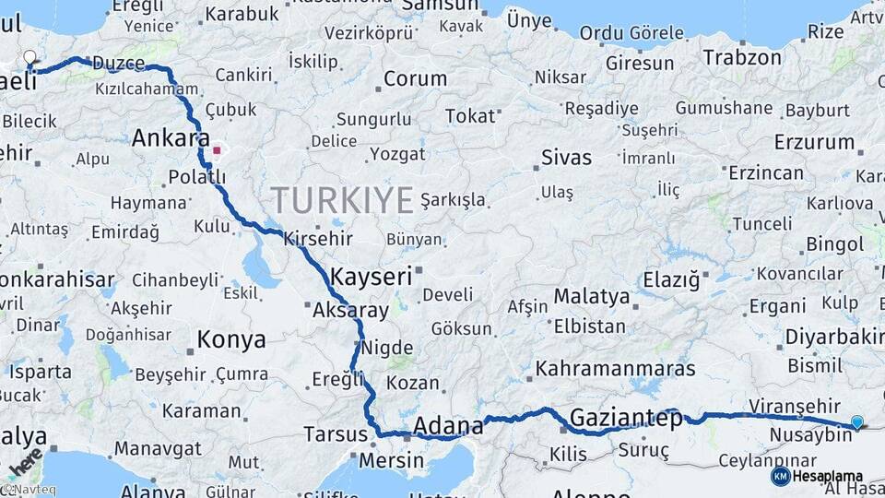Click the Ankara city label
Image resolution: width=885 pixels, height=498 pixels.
tap(171, 138)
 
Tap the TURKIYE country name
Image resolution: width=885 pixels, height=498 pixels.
tap(343, 199)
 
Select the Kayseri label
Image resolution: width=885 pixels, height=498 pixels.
tap(371, 276)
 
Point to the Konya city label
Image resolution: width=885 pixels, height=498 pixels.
tap(231, 339)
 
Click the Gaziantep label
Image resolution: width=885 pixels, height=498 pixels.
tap(627, 418)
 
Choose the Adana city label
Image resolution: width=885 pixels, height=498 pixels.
tap(448, 426)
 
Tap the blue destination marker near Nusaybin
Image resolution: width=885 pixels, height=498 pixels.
tap(857, 422)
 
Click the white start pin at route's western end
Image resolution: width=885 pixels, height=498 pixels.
tap(30, 59)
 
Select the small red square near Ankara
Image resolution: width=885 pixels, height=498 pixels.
tap(217, 149)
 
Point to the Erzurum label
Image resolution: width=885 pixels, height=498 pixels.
tap(814, 142)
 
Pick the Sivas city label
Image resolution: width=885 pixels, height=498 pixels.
tap(566, 156)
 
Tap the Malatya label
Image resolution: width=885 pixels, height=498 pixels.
tap(592, 297)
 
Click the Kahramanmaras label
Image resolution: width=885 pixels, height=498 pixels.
tap(615, 368)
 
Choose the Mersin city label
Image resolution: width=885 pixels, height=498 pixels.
tap(393, 458)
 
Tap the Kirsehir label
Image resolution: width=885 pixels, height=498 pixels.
tap(306, 238)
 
